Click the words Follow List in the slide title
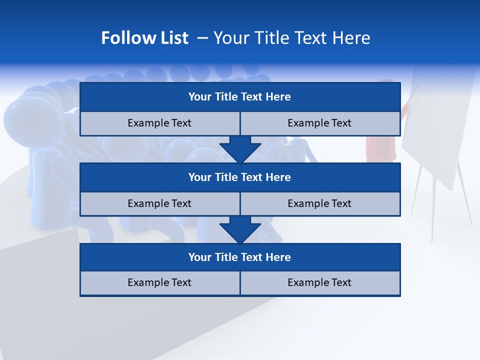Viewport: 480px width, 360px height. tap(144, 38)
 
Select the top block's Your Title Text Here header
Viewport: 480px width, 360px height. tap(239, 97)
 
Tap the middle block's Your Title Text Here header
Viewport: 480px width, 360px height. tap(239, 177)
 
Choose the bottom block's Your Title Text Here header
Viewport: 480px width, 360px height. tap(239, 257)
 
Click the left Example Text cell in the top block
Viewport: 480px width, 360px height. tap(159, 123)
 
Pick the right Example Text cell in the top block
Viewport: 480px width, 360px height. tap(319, 123)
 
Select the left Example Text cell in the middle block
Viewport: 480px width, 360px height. tap(159, 203)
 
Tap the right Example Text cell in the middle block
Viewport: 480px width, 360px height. tap(319, 203)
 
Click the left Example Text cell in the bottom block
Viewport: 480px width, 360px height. tap(159, 282)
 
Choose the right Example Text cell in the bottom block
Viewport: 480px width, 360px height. tap(319, 282)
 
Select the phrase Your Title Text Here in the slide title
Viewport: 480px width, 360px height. tap(291, 38)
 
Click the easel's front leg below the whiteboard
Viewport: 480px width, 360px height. tap(433, 215)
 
